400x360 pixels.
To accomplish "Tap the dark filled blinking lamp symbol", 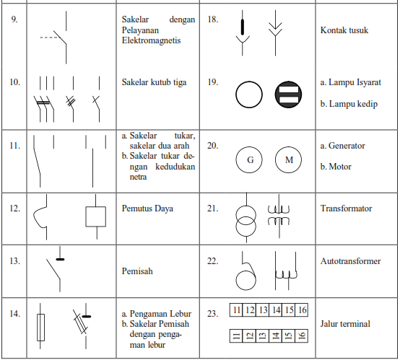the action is tap(289, 95).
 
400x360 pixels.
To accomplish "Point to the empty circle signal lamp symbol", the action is tap(249, 82).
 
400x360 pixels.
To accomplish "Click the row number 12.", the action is tap(14, 208).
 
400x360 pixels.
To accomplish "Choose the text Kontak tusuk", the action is tap(344, 30).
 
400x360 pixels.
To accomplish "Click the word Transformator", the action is tap(346, 208).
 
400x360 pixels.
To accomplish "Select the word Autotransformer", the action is tap(350, 261).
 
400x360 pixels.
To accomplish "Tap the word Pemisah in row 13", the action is tap(137, 271).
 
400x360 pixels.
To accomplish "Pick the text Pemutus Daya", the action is tap(147, 208).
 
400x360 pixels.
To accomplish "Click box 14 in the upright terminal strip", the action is tap(276, 309).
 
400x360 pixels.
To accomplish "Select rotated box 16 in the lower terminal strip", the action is tap(302, 335).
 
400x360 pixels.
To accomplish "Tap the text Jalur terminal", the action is tap(345, 324).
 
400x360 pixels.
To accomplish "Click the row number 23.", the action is tap(212, 313).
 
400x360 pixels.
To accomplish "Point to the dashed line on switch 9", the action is tap(48, 38).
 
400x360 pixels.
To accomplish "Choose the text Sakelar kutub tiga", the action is tap(154, 82).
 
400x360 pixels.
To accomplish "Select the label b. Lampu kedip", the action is tap(349, 104).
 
